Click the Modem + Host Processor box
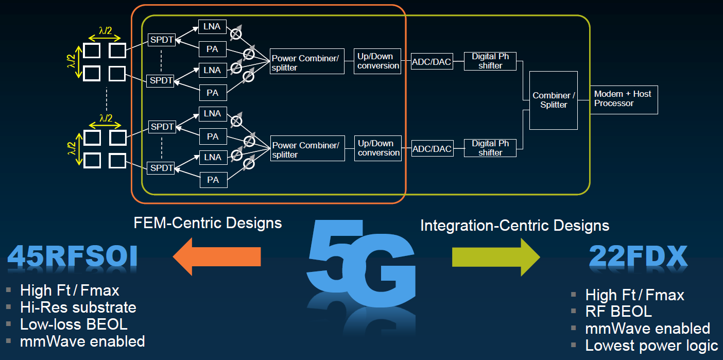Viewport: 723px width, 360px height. pos(624,99)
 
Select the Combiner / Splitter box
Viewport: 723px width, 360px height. pos(554,100)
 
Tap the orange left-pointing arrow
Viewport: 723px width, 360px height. pos(217,256)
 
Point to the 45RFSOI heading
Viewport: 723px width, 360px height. pos(72,256)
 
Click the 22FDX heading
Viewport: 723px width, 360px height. pos(639,256)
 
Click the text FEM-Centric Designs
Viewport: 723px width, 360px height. pos(208,222)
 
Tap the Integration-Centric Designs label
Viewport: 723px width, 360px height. pos(514,225)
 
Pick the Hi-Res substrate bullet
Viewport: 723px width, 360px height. pos(78,307)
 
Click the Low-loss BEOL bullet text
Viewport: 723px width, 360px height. pos(74,324)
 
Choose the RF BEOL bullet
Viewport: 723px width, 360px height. pos(618,312)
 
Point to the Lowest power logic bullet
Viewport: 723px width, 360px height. pos(651,346)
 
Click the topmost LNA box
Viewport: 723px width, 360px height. pos(212,27)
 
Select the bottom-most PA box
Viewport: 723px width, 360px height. pos(213,180)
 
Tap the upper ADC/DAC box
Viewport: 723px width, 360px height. pos(431,62)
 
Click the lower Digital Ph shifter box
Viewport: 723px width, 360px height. pos(490,148)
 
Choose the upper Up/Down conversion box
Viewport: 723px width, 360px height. pos(377,61)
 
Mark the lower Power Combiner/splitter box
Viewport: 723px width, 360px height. pos(307,150)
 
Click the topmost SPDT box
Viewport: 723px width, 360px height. pos(161,40)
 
